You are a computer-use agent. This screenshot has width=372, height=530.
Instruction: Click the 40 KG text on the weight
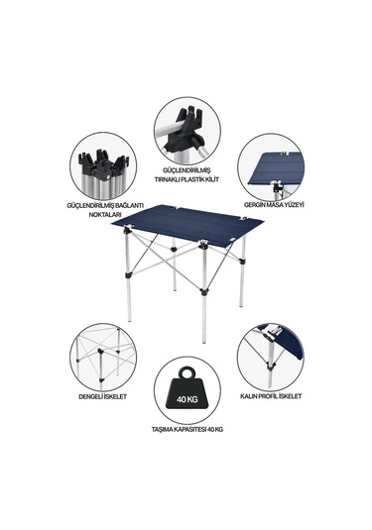point(186,399)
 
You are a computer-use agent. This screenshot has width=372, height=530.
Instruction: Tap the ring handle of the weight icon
point(187,373)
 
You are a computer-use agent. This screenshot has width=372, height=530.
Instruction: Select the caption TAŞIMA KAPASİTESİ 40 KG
point(187,430)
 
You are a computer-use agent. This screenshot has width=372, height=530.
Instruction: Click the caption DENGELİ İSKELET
point(103,396)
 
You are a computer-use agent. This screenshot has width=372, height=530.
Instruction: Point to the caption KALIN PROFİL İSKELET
point(271,396)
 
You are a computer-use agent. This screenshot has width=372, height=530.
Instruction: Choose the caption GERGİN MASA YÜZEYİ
point(274,205)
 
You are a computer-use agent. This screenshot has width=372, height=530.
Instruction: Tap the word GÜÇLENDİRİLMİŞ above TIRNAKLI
point(187,170)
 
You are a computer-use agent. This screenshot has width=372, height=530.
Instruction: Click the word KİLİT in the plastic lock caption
point(211,179)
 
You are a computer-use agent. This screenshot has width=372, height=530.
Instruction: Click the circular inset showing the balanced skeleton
point(103,357)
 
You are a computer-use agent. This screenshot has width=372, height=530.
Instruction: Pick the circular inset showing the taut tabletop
point(271,167)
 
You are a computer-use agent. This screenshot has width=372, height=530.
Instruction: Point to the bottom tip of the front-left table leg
point(129,320)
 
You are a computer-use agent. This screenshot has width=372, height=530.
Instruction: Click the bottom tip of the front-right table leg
point(204,341)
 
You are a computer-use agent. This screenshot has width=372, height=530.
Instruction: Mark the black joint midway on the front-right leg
point(204,291)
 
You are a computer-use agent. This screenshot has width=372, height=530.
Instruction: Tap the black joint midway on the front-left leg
point(128,275)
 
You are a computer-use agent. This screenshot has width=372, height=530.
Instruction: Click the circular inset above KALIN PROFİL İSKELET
point(271,357)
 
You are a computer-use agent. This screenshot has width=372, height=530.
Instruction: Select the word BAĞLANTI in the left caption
point(129,205)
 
